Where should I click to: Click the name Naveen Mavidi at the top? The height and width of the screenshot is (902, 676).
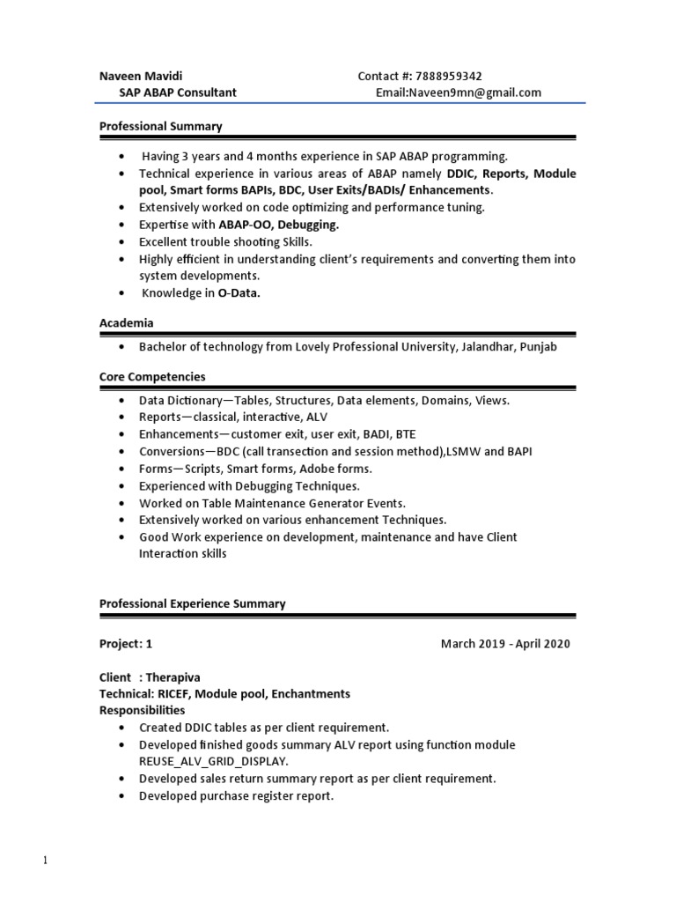[x=141, y=76]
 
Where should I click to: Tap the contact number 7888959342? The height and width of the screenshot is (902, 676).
[x=448, y=76]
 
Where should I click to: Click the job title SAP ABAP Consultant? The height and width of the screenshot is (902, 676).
[x=178, y=92]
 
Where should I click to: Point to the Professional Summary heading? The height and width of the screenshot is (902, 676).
[x=160, y=126]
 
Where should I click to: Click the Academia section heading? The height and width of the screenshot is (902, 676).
[x=127, y=323]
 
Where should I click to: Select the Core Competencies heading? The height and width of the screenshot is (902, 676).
[x=152, y=376]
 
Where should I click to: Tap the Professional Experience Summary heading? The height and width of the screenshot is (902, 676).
[x=192, y=603]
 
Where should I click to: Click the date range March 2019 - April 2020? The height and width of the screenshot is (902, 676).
[x=505, y=644]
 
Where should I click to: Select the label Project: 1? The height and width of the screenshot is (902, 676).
[x=126, y=644]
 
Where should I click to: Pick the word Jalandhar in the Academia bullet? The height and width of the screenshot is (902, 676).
[x=486, y=347]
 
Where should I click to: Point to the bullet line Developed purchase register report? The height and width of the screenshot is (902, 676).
[x=236, y=795]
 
